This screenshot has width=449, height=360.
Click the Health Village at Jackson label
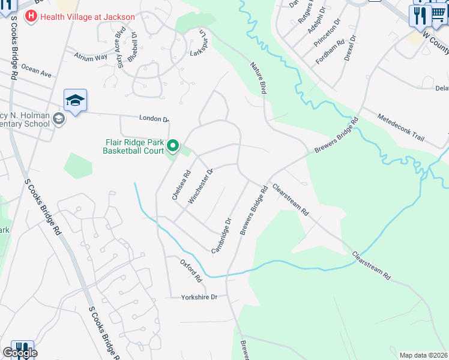pos(88,17)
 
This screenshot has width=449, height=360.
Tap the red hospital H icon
pos(31,16)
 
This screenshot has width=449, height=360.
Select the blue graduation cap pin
pos(76,100)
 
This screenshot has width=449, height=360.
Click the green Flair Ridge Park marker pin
pos(173,146)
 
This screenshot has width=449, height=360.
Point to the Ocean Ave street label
pos(37,71)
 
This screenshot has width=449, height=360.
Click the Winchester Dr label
pos(201,187)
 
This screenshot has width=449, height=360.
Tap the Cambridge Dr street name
pos(221,235)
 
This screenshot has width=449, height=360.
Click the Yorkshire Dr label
pos(199,297)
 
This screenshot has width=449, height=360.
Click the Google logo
pos(20,353)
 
